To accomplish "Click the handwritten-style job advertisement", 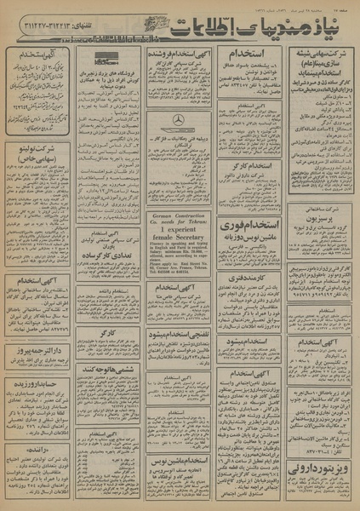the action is pos(40,85).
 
